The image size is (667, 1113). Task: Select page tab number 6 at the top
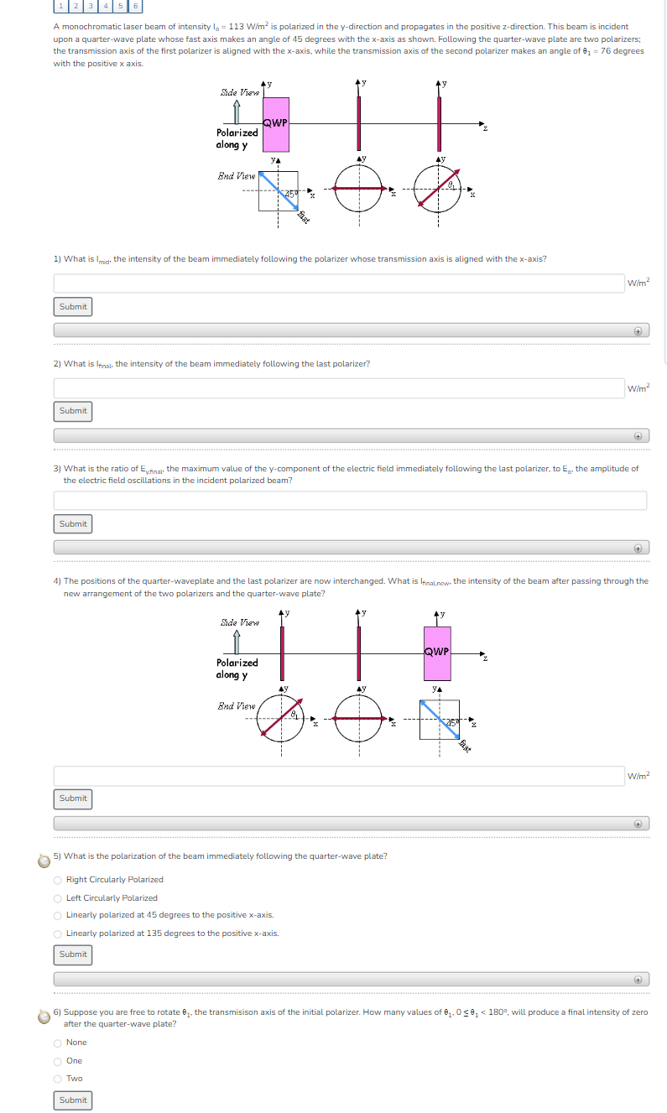click(x=136, y=6)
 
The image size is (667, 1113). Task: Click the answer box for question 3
click(x=350, y=500)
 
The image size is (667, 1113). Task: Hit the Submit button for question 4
click(x=73, y=798)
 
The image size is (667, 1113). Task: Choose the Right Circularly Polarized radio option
click(x=58, y=880)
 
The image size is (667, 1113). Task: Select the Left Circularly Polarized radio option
click(x=58, y=897)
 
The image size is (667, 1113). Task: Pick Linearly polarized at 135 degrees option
click(x=58, y=934)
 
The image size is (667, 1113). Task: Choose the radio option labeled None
click(x=58, y=1043)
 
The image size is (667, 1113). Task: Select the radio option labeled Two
click(x=58, y=1079)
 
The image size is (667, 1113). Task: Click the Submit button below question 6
click(x=73, y=1100)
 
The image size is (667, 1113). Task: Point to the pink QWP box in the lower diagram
click(x=437, y=653)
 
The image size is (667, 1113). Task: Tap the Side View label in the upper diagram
click(x=239, y=92)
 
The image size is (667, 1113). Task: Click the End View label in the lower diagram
click(x=237, y=706)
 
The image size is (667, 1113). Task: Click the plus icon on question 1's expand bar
click(x=638, y=331)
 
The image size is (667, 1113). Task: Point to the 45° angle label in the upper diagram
click(x=291, y=195)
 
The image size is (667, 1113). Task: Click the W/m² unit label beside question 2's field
click(x=638, y=388)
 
